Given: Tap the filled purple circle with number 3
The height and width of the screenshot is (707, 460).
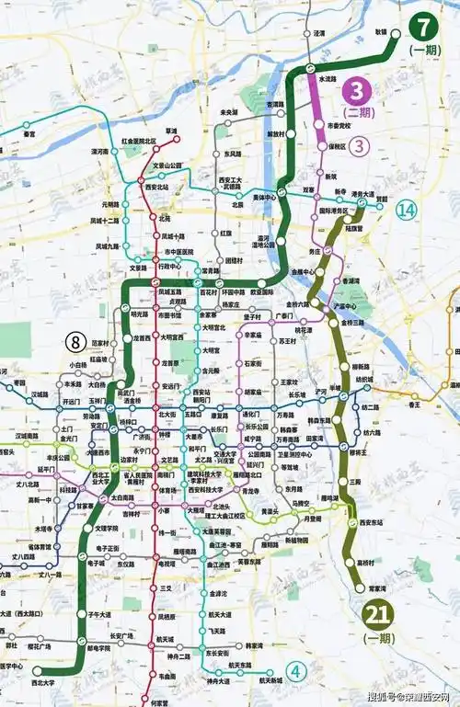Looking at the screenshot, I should (356, 90).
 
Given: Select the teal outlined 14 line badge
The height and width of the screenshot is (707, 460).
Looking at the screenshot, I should (407, 210).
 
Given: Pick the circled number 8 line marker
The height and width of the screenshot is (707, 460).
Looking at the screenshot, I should (75, 342).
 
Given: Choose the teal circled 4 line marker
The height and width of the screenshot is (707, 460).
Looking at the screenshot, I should (295, 670).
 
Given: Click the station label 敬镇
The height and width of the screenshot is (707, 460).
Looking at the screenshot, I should (381, 31).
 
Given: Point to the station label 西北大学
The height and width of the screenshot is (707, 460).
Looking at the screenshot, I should (43, 684).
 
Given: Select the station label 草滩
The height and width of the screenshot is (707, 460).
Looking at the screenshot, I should (170, 131).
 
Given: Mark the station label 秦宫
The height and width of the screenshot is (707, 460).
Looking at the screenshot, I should (29, 134).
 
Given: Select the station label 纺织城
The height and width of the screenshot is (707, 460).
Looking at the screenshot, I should (364, 378).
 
